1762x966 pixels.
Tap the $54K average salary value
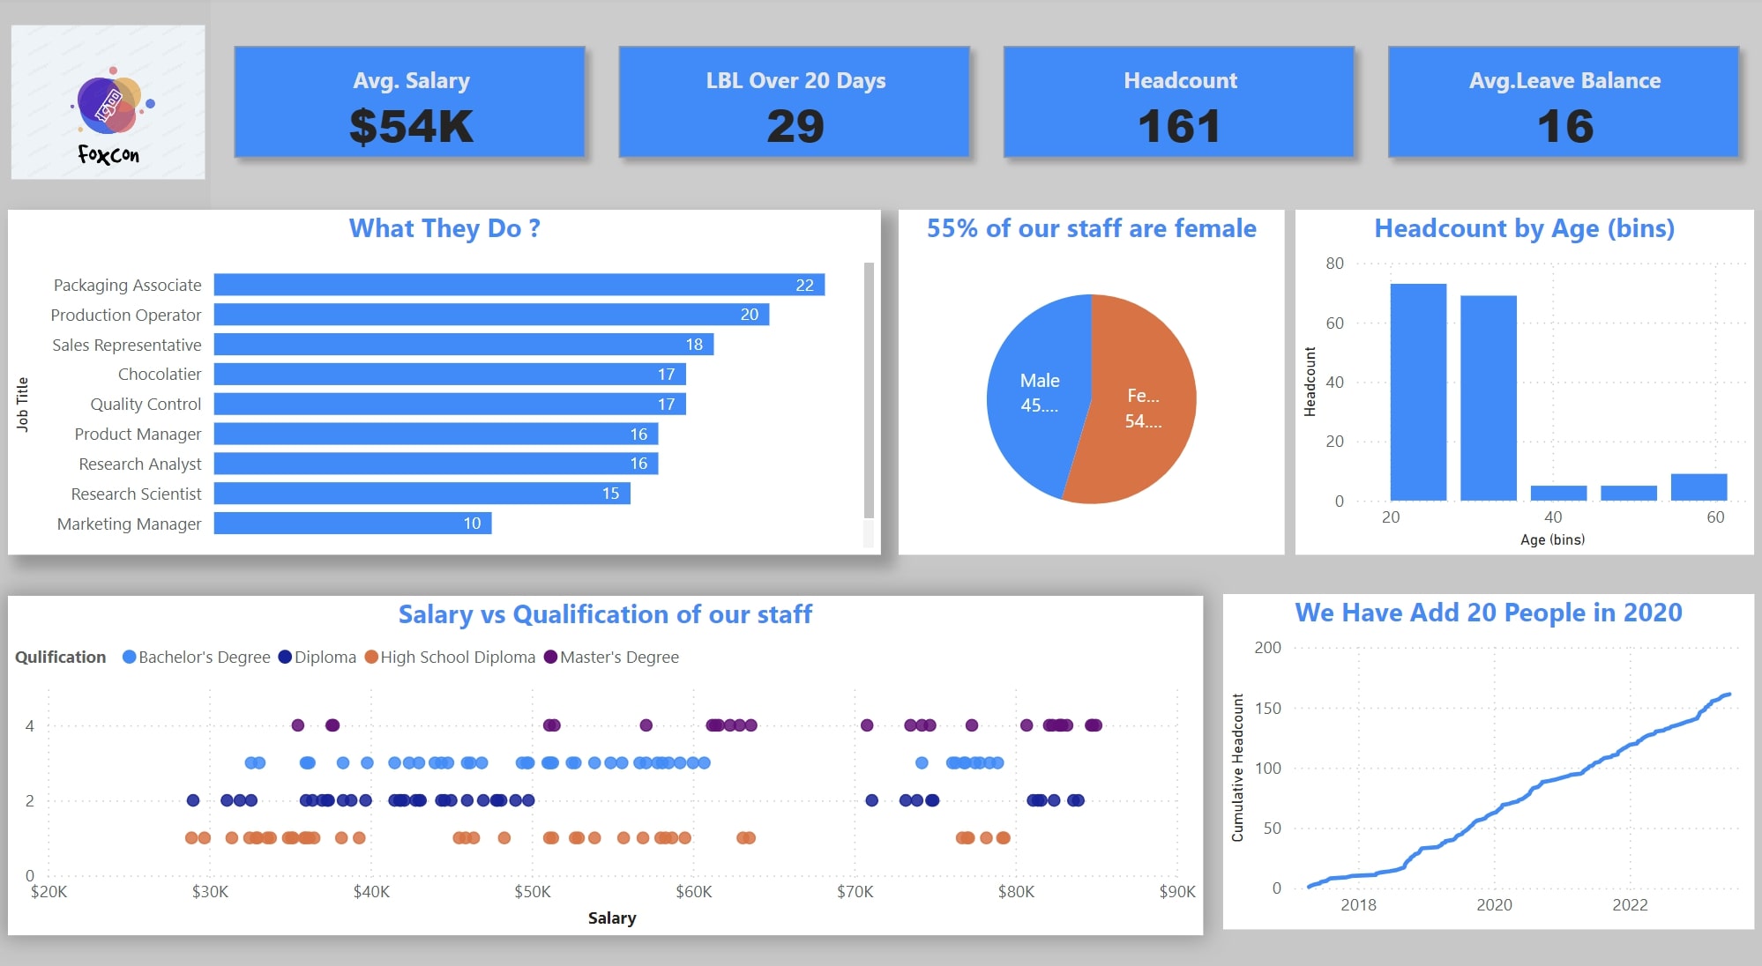(411, 126)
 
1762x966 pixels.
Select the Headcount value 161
(1179, 126)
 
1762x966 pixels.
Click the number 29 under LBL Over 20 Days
(795, 126)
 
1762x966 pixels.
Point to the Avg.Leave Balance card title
(1564, 80)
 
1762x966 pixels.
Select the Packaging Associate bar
(519, 285)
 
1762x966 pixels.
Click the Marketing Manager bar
(352, 524)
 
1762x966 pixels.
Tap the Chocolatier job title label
(160, 375)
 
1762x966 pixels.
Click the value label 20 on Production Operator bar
(749, 315)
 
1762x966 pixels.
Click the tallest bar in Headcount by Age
(1418, 392)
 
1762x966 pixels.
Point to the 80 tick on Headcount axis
(1334, 264)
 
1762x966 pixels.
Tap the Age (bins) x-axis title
(1552, 539)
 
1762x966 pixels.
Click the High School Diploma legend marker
(371, 657)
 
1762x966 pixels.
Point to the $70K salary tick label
(855, 892)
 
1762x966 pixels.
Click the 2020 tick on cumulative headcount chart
(1494, 905)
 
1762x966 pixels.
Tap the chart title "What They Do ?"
(444, 228)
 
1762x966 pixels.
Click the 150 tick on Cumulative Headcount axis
(1267, 709)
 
